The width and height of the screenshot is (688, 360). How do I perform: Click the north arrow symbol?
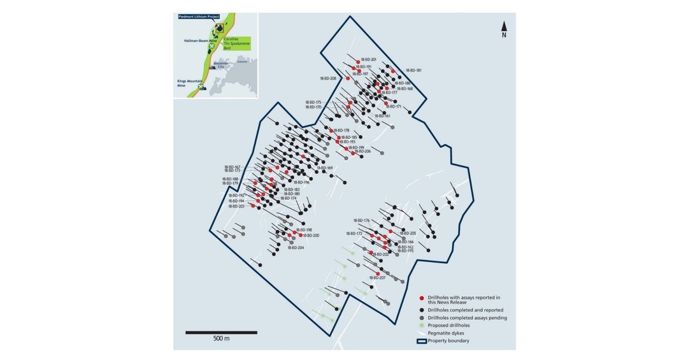tap(504, 27)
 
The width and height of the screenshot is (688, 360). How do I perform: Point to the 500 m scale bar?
tap(221, 332)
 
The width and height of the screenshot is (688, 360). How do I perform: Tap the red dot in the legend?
tap(422, 298)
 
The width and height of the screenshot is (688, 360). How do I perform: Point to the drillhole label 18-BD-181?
tap(414, 70)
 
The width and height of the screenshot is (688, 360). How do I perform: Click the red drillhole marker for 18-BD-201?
tap(358, 60)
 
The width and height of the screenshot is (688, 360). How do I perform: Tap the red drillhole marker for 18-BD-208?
tap(348, 78)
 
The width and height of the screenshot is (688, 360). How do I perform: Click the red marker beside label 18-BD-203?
tap(253, 206)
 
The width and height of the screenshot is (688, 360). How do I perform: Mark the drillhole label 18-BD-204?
tap(296, 247)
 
